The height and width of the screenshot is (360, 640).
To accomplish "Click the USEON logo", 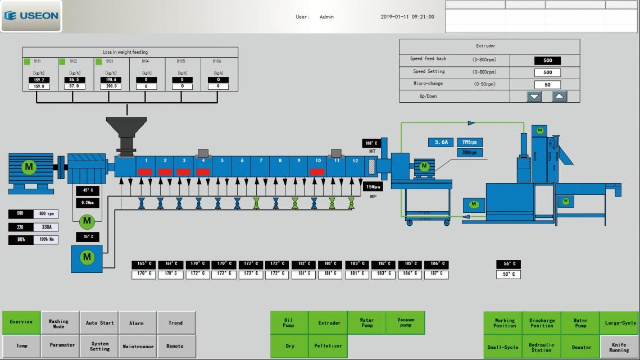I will (31, 16).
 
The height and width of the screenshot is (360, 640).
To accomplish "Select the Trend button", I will (176, 323).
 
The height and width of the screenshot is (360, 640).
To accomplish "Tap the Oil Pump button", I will (289, 323).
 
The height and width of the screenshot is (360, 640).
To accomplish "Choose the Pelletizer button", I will (328, 346).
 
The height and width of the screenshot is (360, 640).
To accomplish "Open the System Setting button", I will (99, 347).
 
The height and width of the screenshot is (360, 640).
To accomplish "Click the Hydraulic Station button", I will (542, 348).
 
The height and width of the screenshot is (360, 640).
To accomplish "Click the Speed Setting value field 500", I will (547, 72).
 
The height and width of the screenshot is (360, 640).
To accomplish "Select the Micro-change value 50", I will (547, 85).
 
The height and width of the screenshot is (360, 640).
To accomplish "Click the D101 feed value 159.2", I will (39, 80).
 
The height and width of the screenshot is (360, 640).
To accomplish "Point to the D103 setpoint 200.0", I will (111, 86).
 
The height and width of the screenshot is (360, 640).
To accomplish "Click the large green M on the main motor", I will (28, 167).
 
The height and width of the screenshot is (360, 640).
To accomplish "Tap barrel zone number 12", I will (355, 161).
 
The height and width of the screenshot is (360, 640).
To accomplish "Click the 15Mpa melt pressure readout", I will (373, 187).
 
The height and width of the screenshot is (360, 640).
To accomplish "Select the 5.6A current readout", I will (441, 143).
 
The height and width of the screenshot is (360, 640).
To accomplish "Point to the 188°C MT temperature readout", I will (371, 143).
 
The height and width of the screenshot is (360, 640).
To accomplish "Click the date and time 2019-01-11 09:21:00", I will (407, 17).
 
